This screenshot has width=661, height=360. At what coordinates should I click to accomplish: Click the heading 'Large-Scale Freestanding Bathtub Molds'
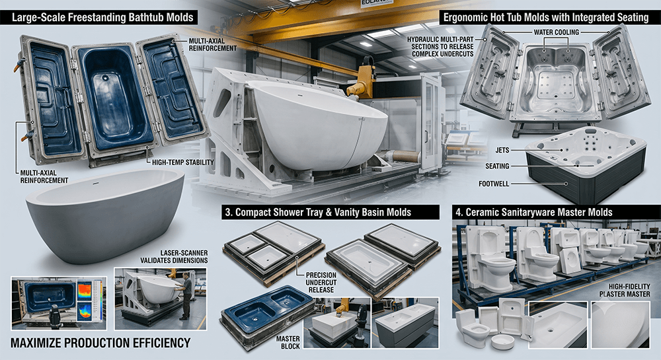click(102, 18)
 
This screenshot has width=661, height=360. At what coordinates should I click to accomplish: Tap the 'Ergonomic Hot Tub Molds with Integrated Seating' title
click(546, 18)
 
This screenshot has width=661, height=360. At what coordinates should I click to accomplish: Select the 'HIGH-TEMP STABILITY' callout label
click(183, 162)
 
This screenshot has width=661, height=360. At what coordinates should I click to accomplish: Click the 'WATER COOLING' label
click(557, 32)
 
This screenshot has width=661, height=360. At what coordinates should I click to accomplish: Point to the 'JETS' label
click(502, 151)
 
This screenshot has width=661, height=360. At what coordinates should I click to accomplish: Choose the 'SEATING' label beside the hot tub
click(497, 166)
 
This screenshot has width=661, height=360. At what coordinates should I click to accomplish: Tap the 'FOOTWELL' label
click(494, 184)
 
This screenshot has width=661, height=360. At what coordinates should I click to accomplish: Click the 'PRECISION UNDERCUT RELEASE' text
click(321, 283)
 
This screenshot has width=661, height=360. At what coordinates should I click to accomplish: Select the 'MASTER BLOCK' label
click(288, 342)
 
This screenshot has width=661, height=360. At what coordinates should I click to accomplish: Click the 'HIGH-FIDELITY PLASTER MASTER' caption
click(625, 290)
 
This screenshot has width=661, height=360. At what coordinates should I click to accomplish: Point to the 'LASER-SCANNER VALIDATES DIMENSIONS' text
click(174, 257)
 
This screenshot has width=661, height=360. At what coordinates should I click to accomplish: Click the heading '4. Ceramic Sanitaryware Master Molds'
click(533, 212)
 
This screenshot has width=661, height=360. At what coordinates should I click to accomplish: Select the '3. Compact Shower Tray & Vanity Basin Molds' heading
click(318, 212)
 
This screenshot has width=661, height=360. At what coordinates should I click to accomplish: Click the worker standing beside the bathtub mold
click(186, 295)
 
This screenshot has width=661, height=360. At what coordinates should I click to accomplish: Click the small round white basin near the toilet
click(502, 342)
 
